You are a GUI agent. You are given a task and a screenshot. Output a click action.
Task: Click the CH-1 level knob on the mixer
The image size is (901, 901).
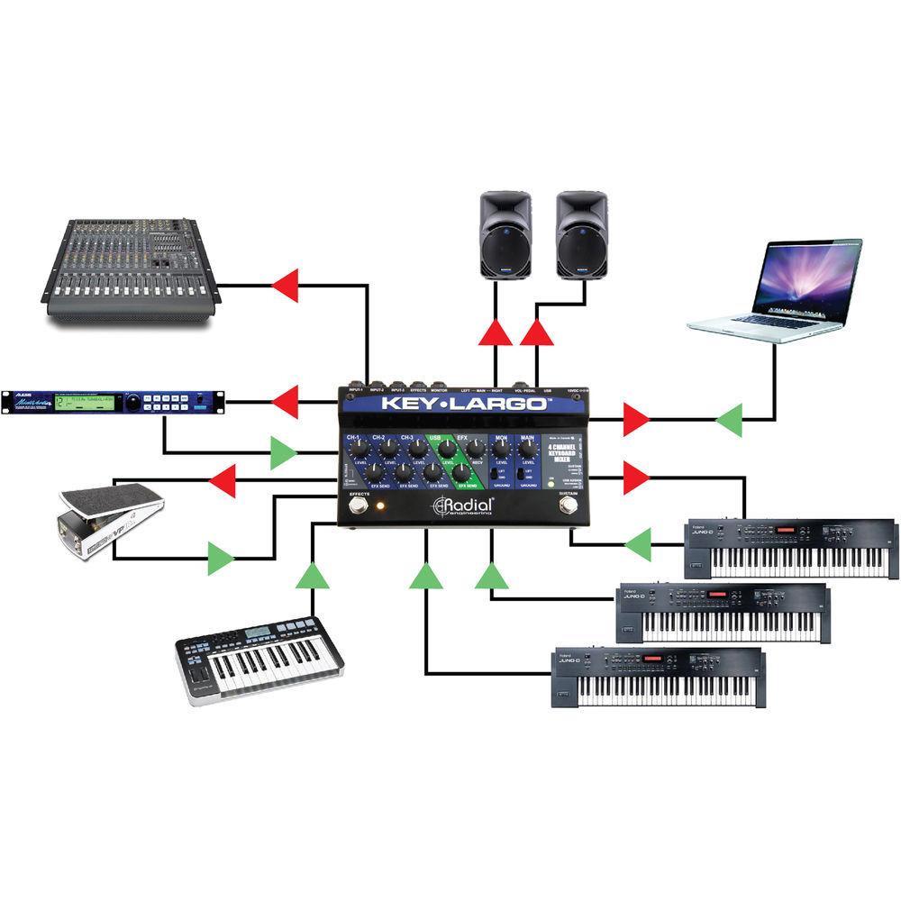pyautogui.click(x=359, y=447)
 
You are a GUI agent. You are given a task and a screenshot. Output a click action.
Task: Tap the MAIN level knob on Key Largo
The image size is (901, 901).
pyautogui.click(x=527, y=446)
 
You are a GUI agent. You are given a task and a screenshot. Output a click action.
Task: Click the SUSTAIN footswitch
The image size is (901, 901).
pyautogui.click(x=568, y=506)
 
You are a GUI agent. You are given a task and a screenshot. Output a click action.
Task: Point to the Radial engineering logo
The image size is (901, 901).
pyautogui.click(x=463, y=506)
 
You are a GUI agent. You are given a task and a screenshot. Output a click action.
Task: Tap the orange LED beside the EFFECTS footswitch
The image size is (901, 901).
pyautogui.click(x=380, y=507)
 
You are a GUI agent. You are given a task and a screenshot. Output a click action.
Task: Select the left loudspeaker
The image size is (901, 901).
pyautogui.click(x=503, y=234)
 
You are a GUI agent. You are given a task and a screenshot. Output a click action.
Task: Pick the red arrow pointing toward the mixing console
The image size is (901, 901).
pyautogui.click(x=286, y=286)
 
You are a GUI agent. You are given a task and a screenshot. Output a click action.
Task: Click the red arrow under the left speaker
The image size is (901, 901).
pyautogui.click(x=495, y=332)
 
